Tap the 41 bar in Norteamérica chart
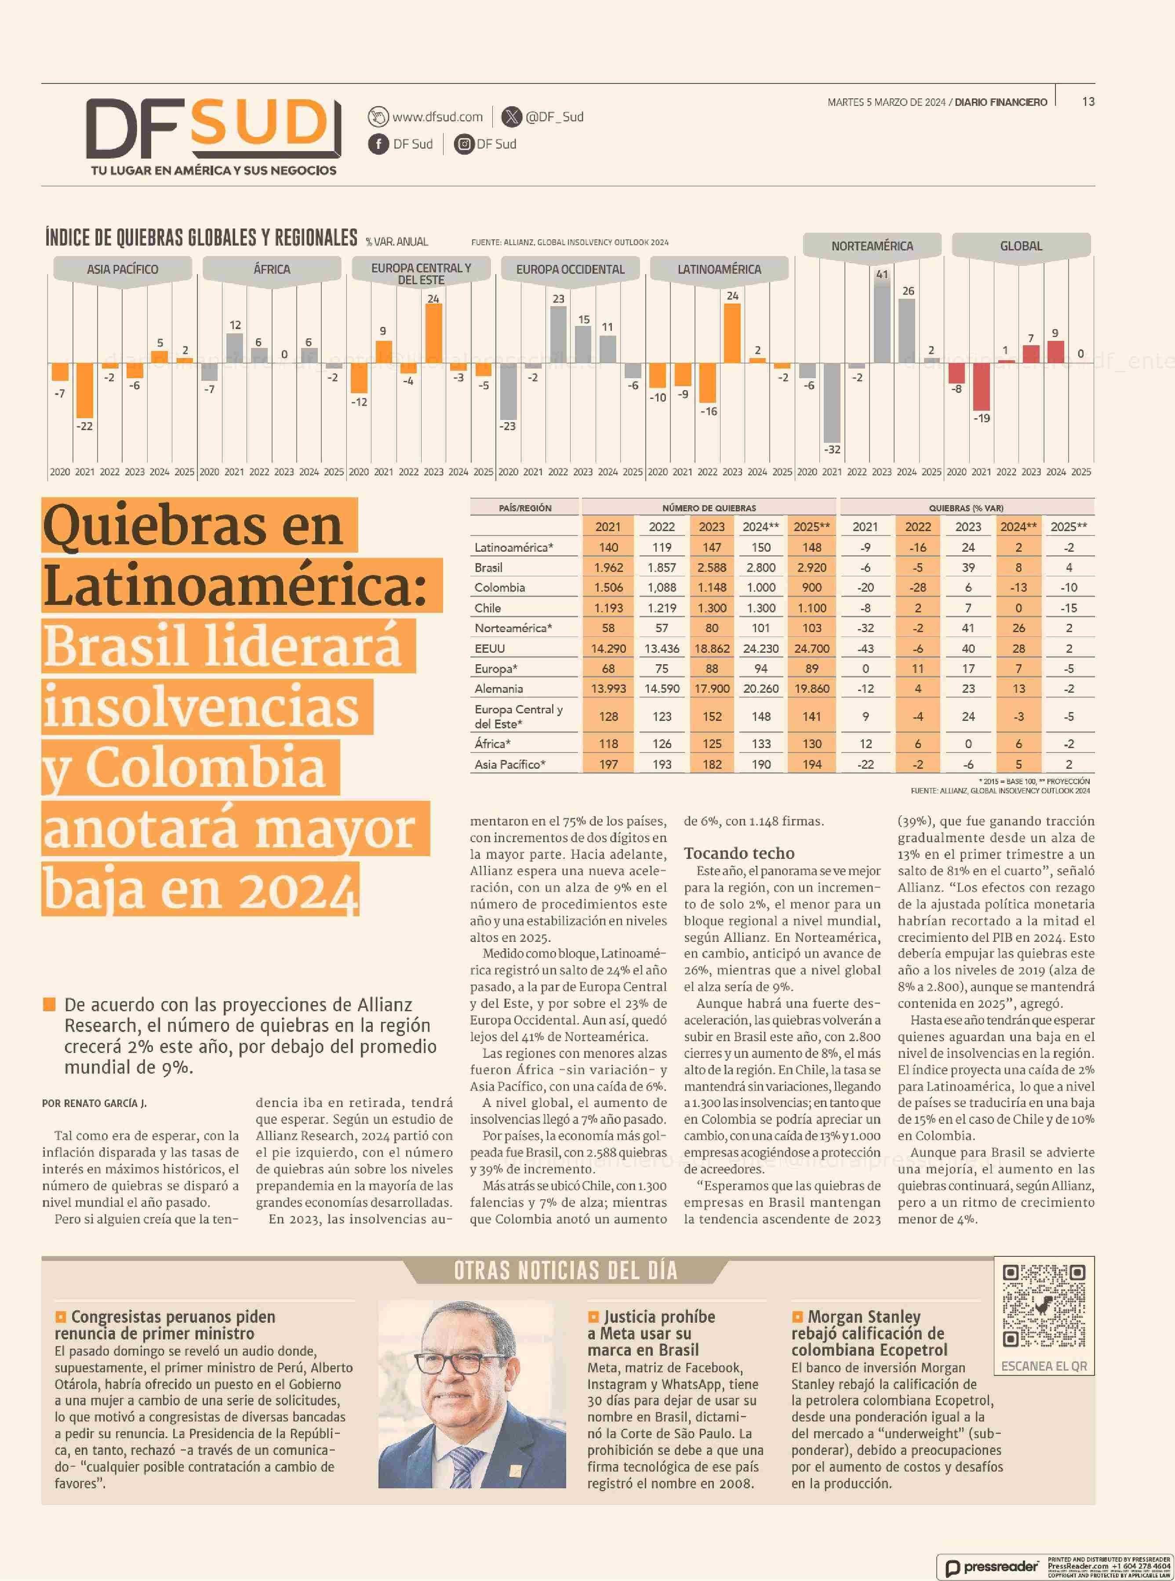tap(882, 321)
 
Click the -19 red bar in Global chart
tap(982, 387)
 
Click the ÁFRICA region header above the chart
tap(272, 269)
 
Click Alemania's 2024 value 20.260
tap(761, 688)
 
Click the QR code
tap(1044, 1306)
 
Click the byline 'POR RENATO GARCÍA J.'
tap(94, 1103)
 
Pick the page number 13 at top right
tap(1088, 101)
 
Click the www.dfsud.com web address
tap(437, 116)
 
